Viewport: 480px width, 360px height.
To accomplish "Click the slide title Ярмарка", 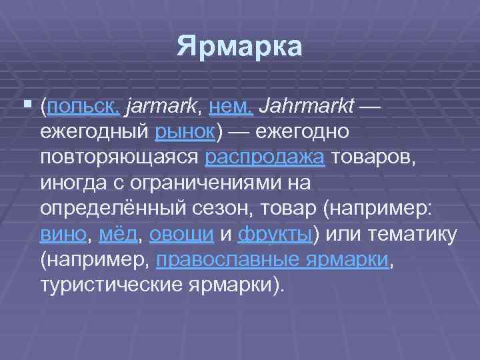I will pos(239,48).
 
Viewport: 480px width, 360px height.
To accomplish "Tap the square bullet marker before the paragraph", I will pos(27,105).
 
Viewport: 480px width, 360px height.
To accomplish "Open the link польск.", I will pos(83,106).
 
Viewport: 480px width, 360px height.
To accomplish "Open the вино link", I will pos(63,233).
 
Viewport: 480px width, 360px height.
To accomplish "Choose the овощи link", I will pos(181,233).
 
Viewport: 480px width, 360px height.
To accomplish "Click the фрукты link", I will pos(275,233).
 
